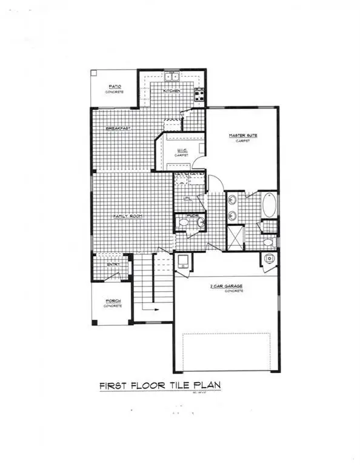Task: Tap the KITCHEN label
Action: tap(170, 91)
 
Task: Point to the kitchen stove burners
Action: tap(199, 93)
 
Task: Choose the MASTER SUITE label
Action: tap(243, 136)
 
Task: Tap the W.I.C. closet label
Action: tap(181, 151)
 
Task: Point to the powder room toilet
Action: tap(184, 223)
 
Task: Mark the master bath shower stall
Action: tap(235, 237)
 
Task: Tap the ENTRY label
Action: tap(113, 264)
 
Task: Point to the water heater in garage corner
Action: tap(269, 259)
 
